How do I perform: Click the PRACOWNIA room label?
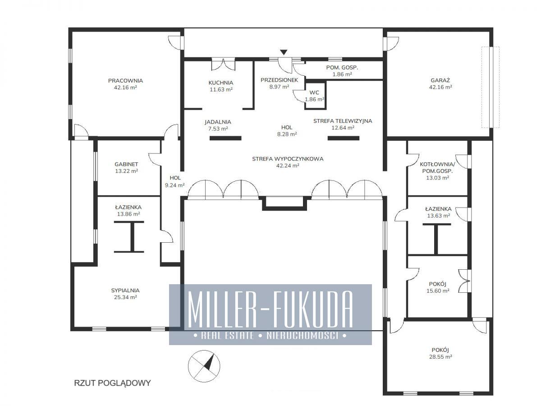tap(125, 81)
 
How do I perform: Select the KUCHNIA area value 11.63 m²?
tap(221, 89)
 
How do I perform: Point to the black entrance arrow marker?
tap(284, 52)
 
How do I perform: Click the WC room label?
tap(314, 92)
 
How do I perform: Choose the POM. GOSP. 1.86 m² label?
tap(342, 71)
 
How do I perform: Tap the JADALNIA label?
tap(218, 122)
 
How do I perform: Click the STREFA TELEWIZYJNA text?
tap(343, 121)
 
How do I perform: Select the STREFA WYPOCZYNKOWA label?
tap(288, 159)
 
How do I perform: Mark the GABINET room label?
tap(126, 164)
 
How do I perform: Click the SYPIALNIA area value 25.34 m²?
tap(125, 297)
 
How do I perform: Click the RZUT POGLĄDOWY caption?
tap(112, 383)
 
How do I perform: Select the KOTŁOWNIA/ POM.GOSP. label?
tap(437, 168)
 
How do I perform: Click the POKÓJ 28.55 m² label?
tap(440, 353)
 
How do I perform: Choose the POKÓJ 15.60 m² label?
tap(438, 287)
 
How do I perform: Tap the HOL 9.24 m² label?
tap(175, 181)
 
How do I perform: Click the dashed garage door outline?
tap(491, 87)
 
